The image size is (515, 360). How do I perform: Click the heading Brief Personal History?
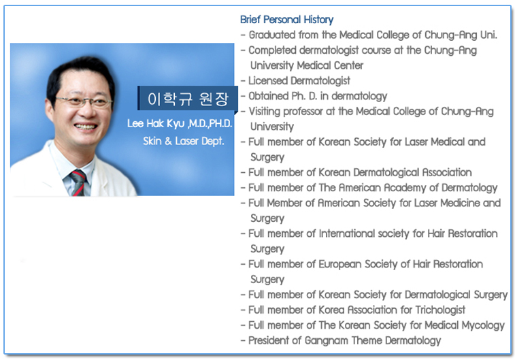coord(286,20)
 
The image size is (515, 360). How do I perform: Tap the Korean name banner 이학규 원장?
coord(188,98)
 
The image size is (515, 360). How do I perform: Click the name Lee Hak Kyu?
coord(156,124)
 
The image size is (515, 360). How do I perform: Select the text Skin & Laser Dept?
coord(184,141)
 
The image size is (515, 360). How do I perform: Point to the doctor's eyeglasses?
coord(84,102)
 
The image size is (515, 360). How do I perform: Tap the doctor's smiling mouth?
coord(86,126)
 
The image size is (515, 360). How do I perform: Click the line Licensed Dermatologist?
coord(299,81)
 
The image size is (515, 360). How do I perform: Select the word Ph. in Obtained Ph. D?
coord(299,96)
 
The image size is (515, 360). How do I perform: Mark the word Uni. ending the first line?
coord(488,35)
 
